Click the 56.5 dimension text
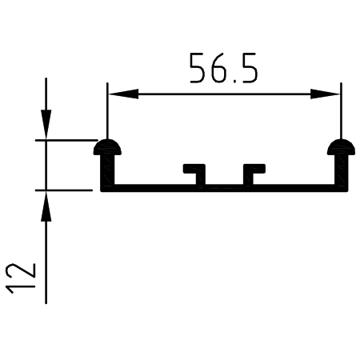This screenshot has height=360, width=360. click(x=223, y=68)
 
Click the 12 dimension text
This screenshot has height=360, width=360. click(x=21, y=278)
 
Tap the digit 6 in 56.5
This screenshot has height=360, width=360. click(x=219, y=68)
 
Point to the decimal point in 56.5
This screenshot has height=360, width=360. click(x=235, y=81)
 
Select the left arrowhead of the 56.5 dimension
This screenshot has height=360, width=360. click(x=123, y=94)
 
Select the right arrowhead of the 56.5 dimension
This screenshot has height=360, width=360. click(x=325, y=94)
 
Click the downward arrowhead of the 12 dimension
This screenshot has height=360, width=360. click(x=46, y=124)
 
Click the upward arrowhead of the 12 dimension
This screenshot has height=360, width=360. click(x=46, y=206)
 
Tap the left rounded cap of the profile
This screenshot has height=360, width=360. click(x=107, y=147)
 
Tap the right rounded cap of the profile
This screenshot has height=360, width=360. click(x=341, y=147)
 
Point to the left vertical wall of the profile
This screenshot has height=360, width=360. click(x=107, y=170)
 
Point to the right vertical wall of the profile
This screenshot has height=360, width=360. click(x=341, y=170)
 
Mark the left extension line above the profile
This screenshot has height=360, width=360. click(x=107, y=110)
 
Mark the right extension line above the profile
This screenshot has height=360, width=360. click(x=341, y=110)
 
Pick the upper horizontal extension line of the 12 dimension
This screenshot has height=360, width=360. click(x=66, y=140)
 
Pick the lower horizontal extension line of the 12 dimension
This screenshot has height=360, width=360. click(x=64, y=190)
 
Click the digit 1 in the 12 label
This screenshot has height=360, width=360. click(x=21, y=287)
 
